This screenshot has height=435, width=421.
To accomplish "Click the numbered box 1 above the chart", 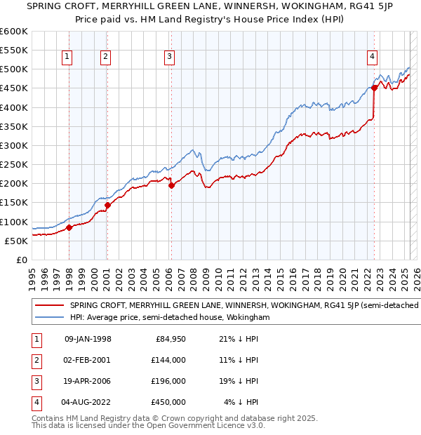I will [x=67, y=57].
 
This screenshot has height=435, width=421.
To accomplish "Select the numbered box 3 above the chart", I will [x=170, y=57].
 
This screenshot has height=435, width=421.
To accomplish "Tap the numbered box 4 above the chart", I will [x=372, y=57].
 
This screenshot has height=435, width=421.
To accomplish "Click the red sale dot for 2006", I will [x=171, y=185].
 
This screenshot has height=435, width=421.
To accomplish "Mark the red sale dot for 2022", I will [x=375, y=88].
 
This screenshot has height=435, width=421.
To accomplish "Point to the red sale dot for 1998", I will [x=69, y=227].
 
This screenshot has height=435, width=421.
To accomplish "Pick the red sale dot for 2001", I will [x=107, y=205].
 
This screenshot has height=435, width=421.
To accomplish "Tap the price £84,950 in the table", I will [x=171, y=339].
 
